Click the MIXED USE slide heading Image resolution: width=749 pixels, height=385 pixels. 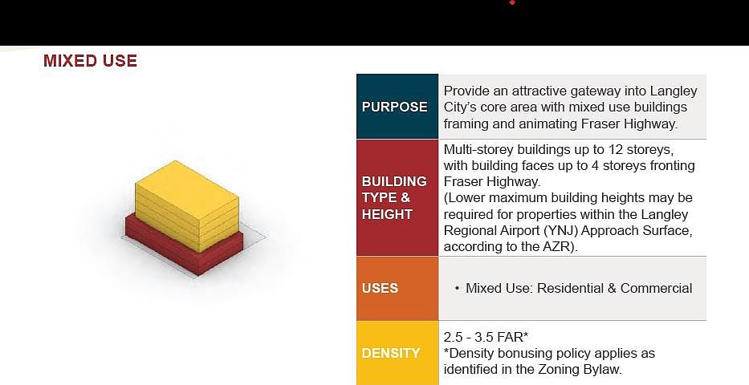(x=90, y=61)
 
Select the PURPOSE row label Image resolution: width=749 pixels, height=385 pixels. (x=394, y=107)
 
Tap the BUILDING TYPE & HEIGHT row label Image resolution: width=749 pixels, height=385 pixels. (x=394, y=197)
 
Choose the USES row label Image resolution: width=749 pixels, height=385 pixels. (x=381, y=288)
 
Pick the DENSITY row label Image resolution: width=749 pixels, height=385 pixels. (x=391, y=353)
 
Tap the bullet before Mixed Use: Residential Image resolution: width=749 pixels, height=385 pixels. (x=457, y=289)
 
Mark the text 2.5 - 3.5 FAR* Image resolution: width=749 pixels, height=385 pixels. (x=486, y=337)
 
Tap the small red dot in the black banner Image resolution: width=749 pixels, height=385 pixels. (x=512, y=2)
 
